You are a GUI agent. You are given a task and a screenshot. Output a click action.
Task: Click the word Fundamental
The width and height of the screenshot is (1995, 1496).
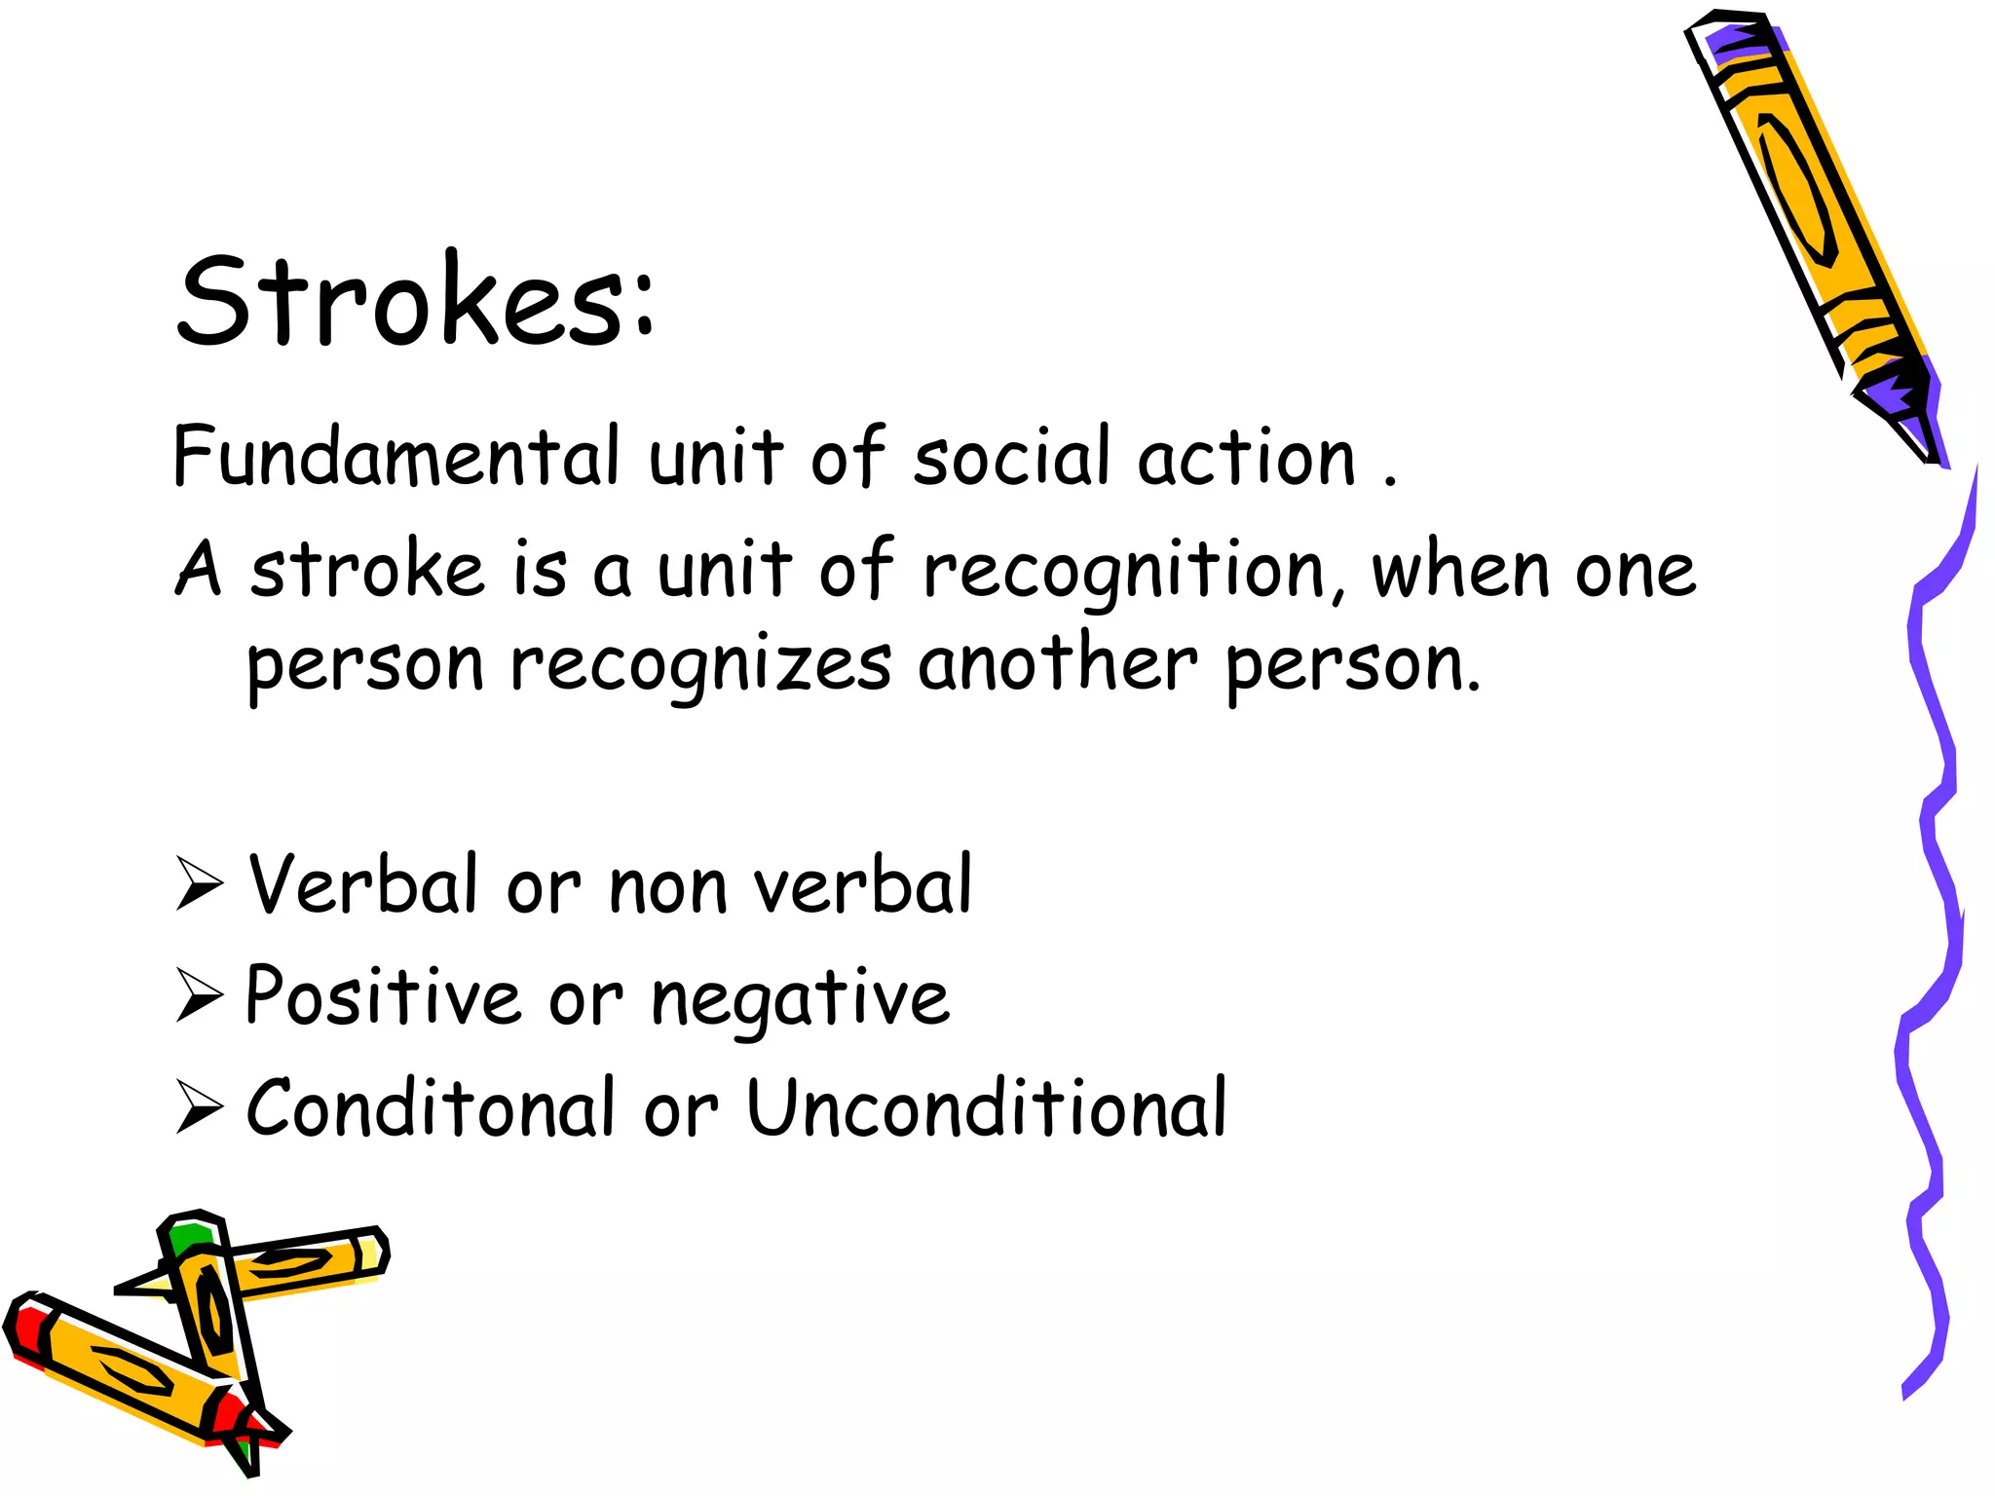(x=395, y=456)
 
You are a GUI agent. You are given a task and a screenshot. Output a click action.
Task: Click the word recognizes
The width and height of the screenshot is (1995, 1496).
(x=699, y=666)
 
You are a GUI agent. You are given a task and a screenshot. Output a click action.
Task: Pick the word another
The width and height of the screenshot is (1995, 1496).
(x=1057, y=664)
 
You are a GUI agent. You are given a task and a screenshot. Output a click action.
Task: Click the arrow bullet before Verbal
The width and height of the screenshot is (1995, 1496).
(x=200, y=882)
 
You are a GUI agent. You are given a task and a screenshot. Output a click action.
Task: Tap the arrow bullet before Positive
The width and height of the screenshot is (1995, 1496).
(x=200, y=994)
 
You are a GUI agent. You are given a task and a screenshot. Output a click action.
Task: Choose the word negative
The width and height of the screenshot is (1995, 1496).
(x=799, y=999)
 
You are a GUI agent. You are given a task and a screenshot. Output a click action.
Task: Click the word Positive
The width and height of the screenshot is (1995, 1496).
(x=383, y=994)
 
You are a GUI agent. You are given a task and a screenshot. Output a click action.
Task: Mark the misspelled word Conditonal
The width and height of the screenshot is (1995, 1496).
(x=430, y=1107)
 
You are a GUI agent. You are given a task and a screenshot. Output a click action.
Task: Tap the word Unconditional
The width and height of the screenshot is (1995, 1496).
(x=986, y=1107)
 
